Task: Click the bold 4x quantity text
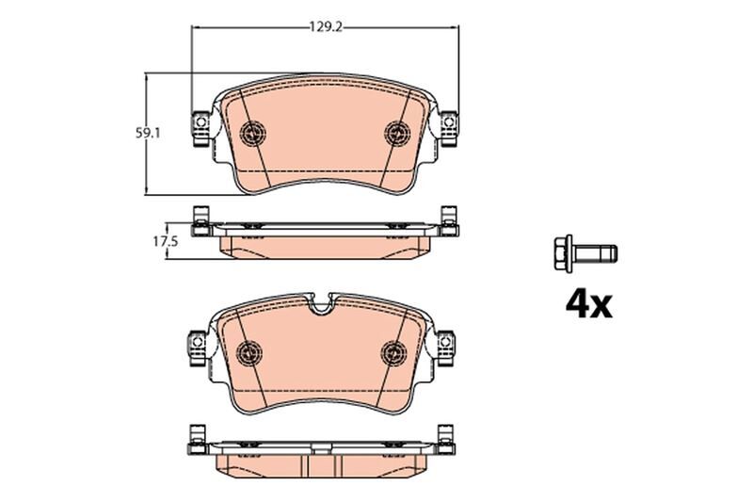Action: [588, 303]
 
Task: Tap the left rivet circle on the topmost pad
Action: [252, 133]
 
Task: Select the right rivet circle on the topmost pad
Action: [396, 133]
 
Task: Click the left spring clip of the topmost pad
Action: [200, 130]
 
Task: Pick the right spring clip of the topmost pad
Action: [449, 130]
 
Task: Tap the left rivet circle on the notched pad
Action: [248, 351]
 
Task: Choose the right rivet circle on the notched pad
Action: [393, 351]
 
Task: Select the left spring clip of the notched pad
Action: [196, 348]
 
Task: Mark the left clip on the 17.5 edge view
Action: [199, 222]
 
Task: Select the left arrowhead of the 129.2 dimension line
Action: [196, 28]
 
